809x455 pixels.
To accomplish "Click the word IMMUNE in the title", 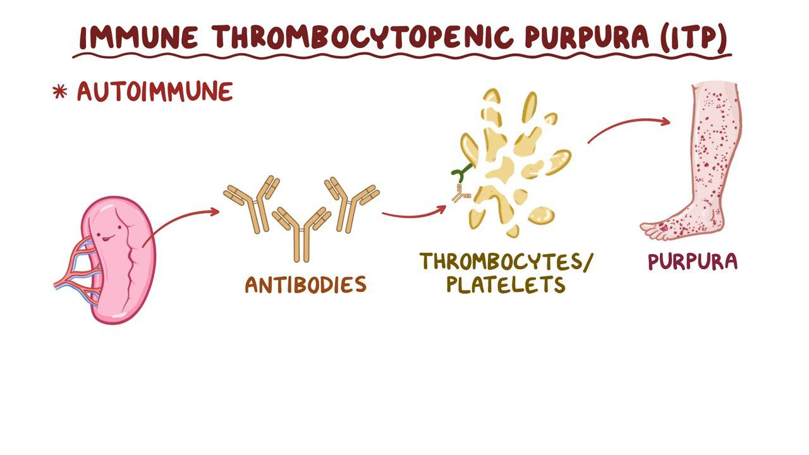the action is point(138,37).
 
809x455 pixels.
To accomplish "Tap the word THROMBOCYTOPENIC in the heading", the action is point(362,37).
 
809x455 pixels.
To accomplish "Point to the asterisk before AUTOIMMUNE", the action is point(59,92).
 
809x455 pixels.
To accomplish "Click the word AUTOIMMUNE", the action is point(155,92).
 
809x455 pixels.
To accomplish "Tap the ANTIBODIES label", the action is point(306,284).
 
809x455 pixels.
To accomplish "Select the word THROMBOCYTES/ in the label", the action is point(506,261).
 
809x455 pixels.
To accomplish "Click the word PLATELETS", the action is point(506,284).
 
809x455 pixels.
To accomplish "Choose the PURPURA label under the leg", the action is point(693,262).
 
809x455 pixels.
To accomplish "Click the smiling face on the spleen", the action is point(107,233).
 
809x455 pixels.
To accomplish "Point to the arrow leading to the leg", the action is point(628,124).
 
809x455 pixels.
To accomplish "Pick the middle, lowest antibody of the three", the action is point(301,234).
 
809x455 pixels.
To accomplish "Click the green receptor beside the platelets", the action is point(461,173).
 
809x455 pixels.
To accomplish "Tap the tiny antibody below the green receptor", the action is point(461,193).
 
